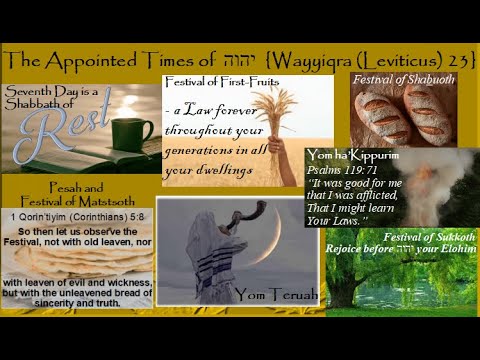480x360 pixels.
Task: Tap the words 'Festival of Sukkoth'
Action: pyautogui.click(x=424, y=237)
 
